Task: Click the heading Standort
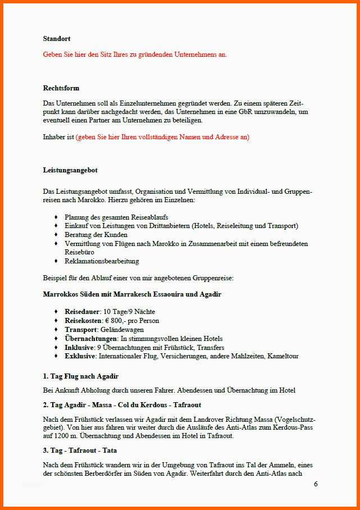[57, 39]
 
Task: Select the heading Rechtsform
[61, 88]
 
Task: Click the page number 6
[316, 484]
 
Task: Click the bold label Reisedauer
[82, 312]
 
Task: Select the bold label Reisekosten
[83, 321]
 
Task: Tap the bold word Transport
[81, 330]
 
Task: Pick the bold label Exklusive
[81, 356]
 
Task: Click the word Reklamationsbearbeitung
[102, 261]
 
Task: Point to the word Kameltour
[283, 356]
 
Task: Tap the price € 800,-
[116, 321]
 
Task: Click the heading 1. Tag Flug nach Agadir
[80, 376]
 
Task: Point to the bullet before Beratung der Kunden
[56, 235]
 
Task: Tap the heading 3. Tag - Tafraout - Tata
[80, 450]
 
